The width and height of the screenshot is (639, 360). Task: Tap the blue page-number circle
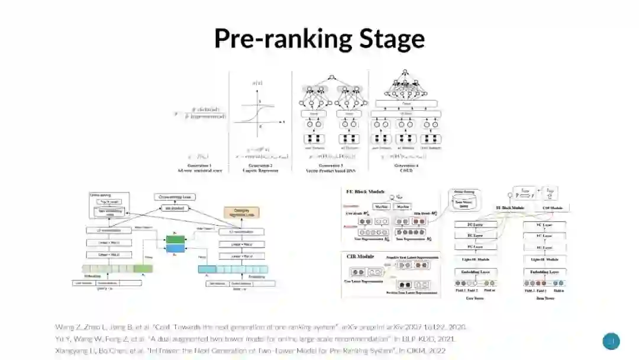click(611, 341)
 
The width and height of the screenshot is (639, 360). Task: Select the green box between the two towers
click(176, 239)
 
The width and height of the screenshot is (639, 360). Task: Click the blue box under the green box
click(176, 249)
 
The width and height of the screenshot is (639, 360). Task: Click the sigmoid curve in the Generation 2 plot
click(253, 111)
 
